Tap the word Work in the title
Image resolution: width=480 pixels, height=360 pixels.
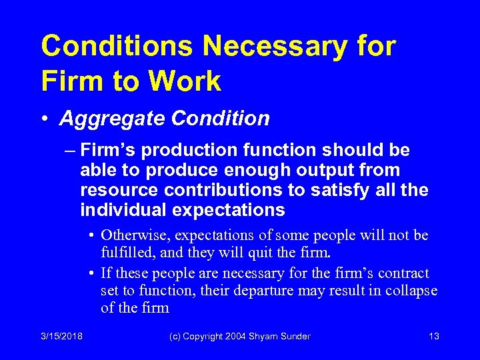(x=186, y=81)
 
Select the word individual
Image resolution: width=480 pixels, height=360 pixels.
(x=123, y=211)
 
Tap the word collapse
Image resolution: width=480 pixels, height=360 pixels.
(x=412, y=291)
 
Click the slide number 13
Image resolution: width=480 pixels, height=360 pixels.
(x=434, y=337)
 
